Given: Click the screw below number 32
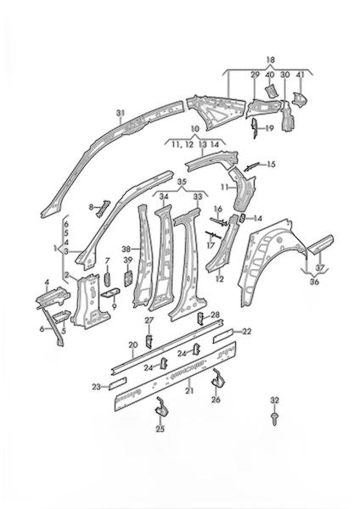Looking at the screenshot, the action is (274, 418).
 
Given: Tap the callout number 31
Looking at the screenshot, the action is (121, 113).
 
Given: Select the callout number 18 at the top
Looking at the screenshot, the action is (270, 60).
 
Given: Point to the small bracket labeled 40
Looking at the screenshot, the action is (271, 90).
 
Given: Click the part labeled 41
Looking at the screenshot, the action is (299, 99).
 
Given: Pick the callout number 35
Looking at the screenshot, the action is (183, 182).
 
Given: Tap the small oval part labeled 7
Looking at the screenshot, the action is (107, 279).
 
